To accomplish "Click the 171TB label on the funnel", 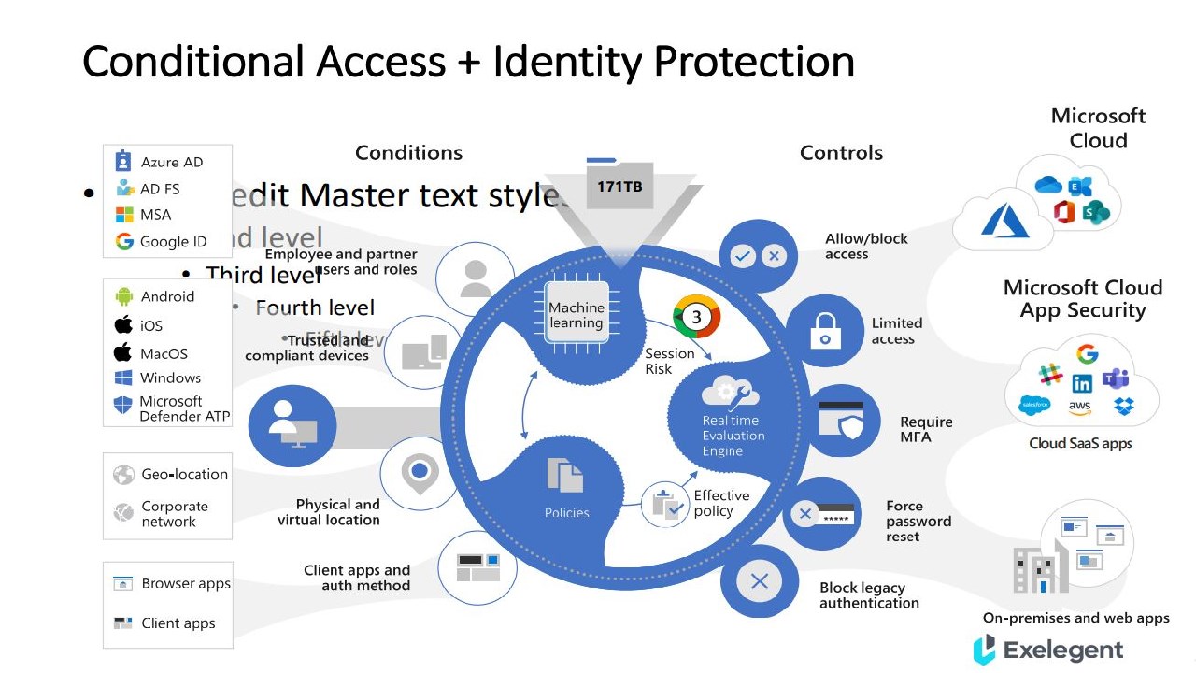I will click(x=619, y=187).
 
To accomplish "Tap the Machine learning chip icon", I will click(x=577, y=314).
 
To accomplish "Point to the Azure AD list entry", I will click(x=171, y=162).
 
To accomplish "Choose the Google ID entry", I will click(x=173, y=241).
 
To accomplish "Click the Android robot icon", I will click(x=124, y=296).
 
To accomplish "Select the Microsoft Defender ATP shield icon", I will click(x=123, y=405).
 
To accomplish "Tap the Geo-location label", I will click(x=184, y=474).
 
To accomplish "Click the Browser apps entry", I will click(x=185, y=583).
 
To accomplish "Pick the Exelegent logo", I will click(x=1047, y=650).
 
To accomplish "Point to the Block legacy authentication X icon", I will click(x=759, y=581).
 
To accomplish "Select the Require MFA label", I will click(x=926, y=429).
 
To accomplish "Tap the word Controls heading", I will click(x=841, y=152).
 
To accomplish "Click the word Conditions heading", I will click(x=408, y=152).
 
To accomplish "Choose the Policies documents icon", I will click(x=565, y=476).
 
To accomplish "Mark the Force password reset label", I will click(x=918, y=522).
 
